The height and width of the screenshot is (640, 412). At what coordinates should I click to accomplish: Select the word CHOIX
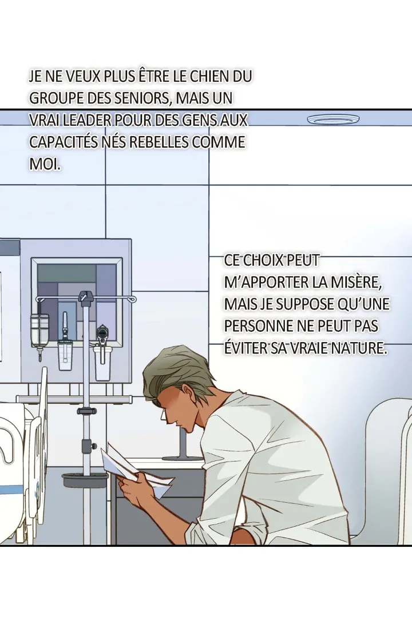pos(263,260)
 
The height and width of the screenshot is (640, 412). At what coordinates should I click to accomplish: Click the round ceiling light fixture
pos(333,119)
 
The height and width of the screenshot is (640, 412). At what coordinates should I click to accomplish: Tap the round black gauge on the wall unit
pos(101,333)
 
